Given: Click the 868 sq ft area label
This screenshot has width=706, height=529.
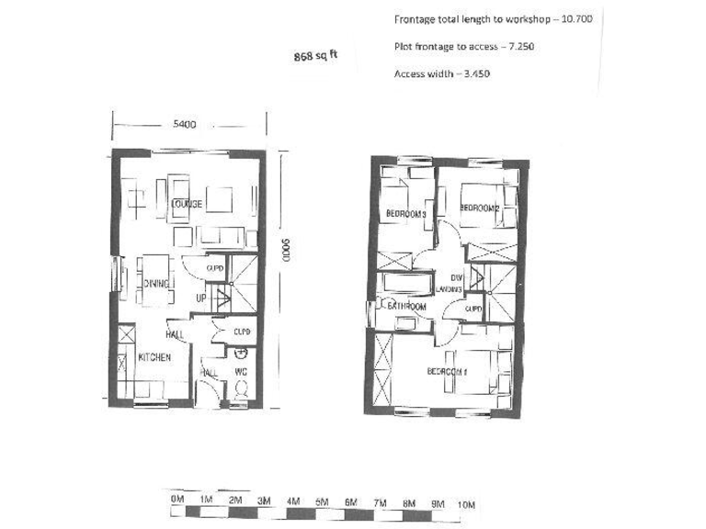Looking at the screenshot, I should (315, 55).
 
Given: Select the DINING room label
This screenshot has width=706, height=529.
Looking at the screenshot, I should (157, 285).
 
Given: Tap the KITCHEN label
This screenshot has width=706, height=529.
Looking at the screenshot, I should (154, 356).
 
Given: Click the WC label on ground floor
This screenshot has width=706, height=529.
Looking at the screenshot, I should (241, 372).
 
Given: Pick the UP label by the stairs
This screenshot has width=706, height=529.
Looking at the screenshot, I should (200, 299).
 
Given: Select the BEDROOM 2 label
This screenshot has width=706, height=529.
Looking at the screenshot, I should (479, 208).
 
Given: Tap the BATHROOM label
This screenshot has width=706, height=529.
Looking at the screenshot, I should (405, 306).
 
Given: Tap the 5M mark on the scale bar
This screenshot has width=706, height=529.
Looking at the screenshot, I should (322, 502).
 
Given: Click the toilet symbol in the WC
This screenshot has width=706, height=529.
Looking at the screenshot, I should (241, 389).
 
